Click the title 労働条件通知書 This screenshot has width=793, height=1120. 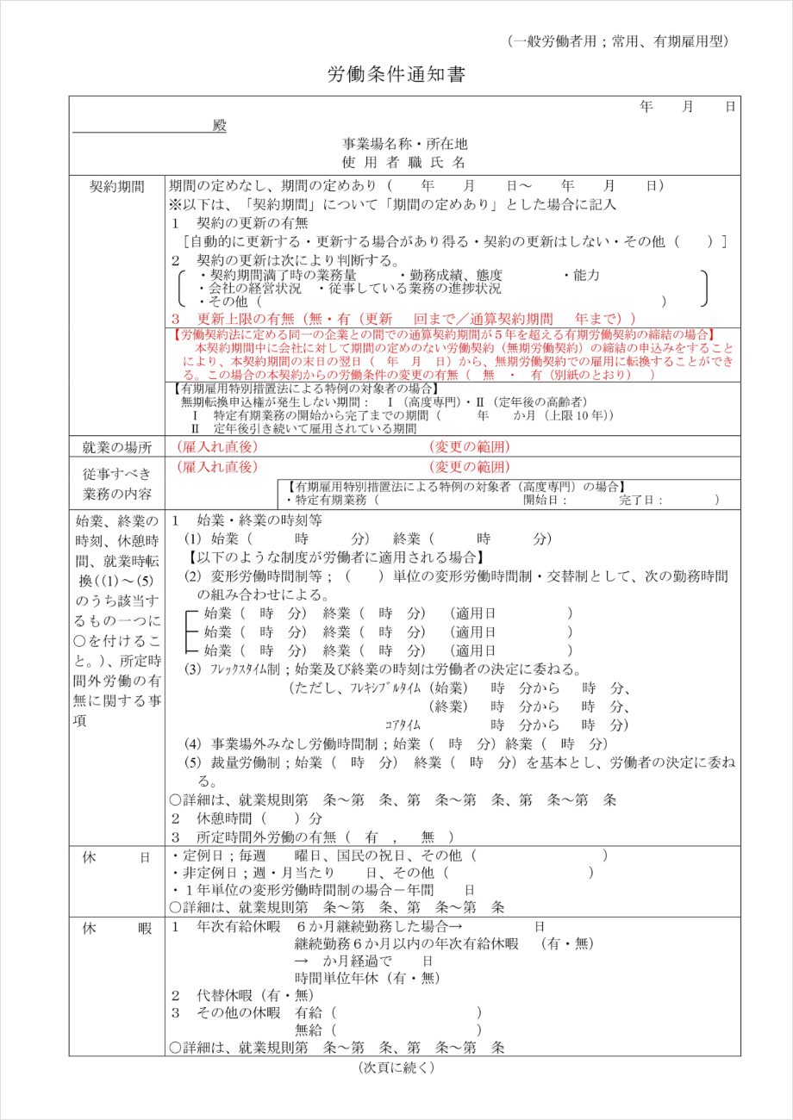[396, 75]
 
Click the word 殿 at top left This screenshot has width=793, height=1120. [219, 126]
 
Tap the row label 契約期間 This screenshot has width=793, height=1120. [117, 186]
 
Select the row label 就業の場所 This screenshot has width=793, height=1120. [117, 446]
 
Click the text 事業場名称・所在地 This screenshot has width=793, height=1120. [405, 144]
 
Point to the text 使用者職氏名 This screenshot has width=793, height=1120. [404, 161]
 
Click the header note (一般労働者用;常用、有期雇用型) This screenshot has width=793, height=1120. [618, 41]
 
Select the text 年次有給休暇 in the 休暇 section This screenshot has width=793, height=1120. [239, 927]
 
